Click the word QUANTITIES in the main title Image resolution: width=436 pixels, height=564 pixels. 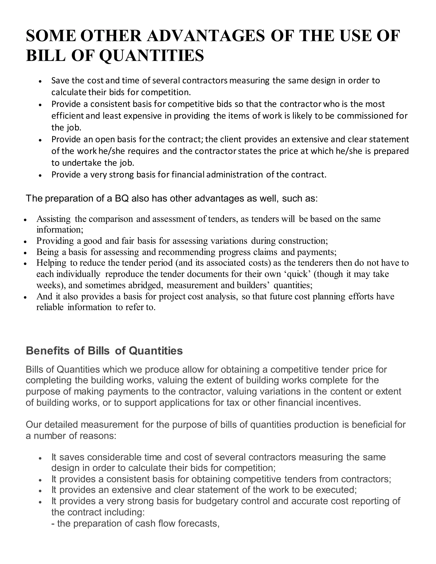click(152, 56)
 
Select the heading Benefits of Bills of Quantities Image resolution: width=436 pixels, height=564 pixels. click(104, 351)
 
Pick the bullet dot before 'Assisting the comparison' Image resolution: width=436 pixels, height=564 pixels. click(25, 220)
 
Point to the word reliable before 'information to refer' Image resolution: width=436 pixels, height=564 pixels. click(50, 307)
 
